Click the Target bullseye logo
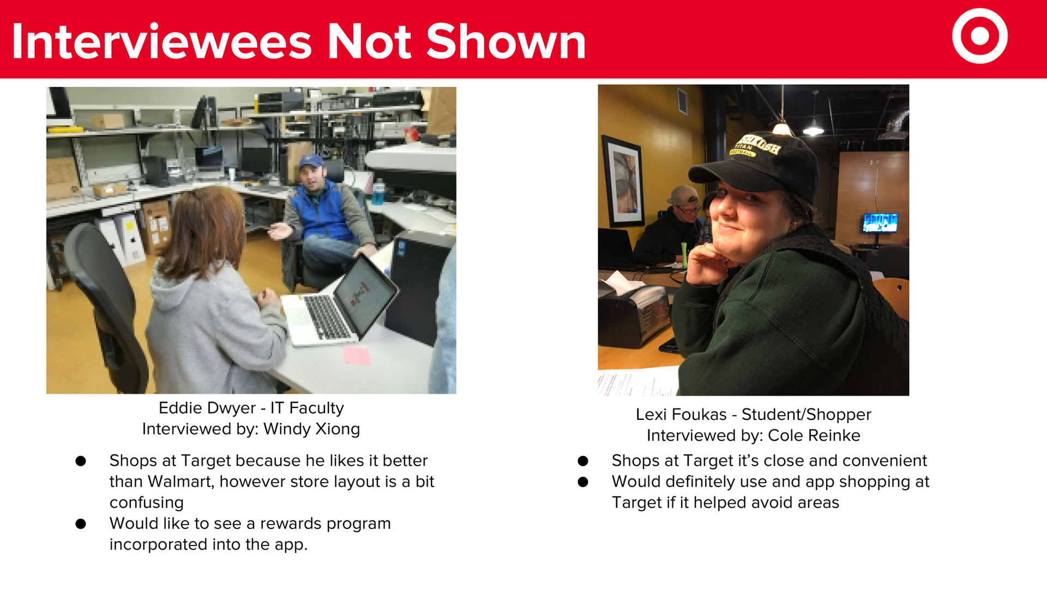pos(979,36)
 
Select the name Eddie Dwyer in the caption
pos(207,408)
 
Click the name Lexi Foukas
pos(681,414)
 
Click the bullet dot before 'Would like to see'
pos(81,524)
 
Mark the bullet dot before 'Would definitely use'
pos(583,482)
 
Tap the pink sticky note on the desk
pos(357,356)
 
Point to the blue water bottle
pos(378,192)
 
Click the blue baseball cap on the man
pos(311,161)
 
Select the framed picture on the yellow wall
pos(623,181)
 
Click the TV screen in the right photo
pos(880,223)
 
